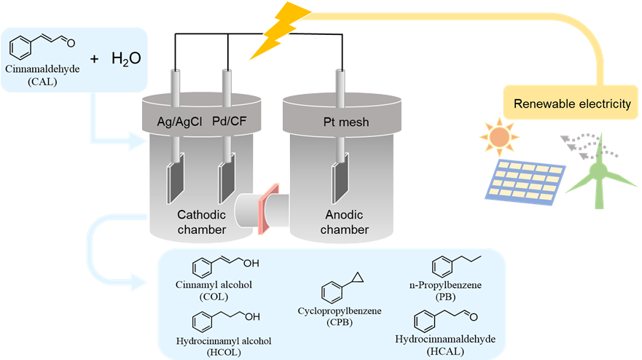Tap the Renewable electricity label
click(572, 104)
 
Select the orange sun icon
click(498, 137)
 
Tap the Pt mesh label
click(347, 122)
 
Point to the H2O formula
click(125, 59)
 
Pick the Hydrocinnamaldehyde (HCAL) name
click(444, 345)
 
